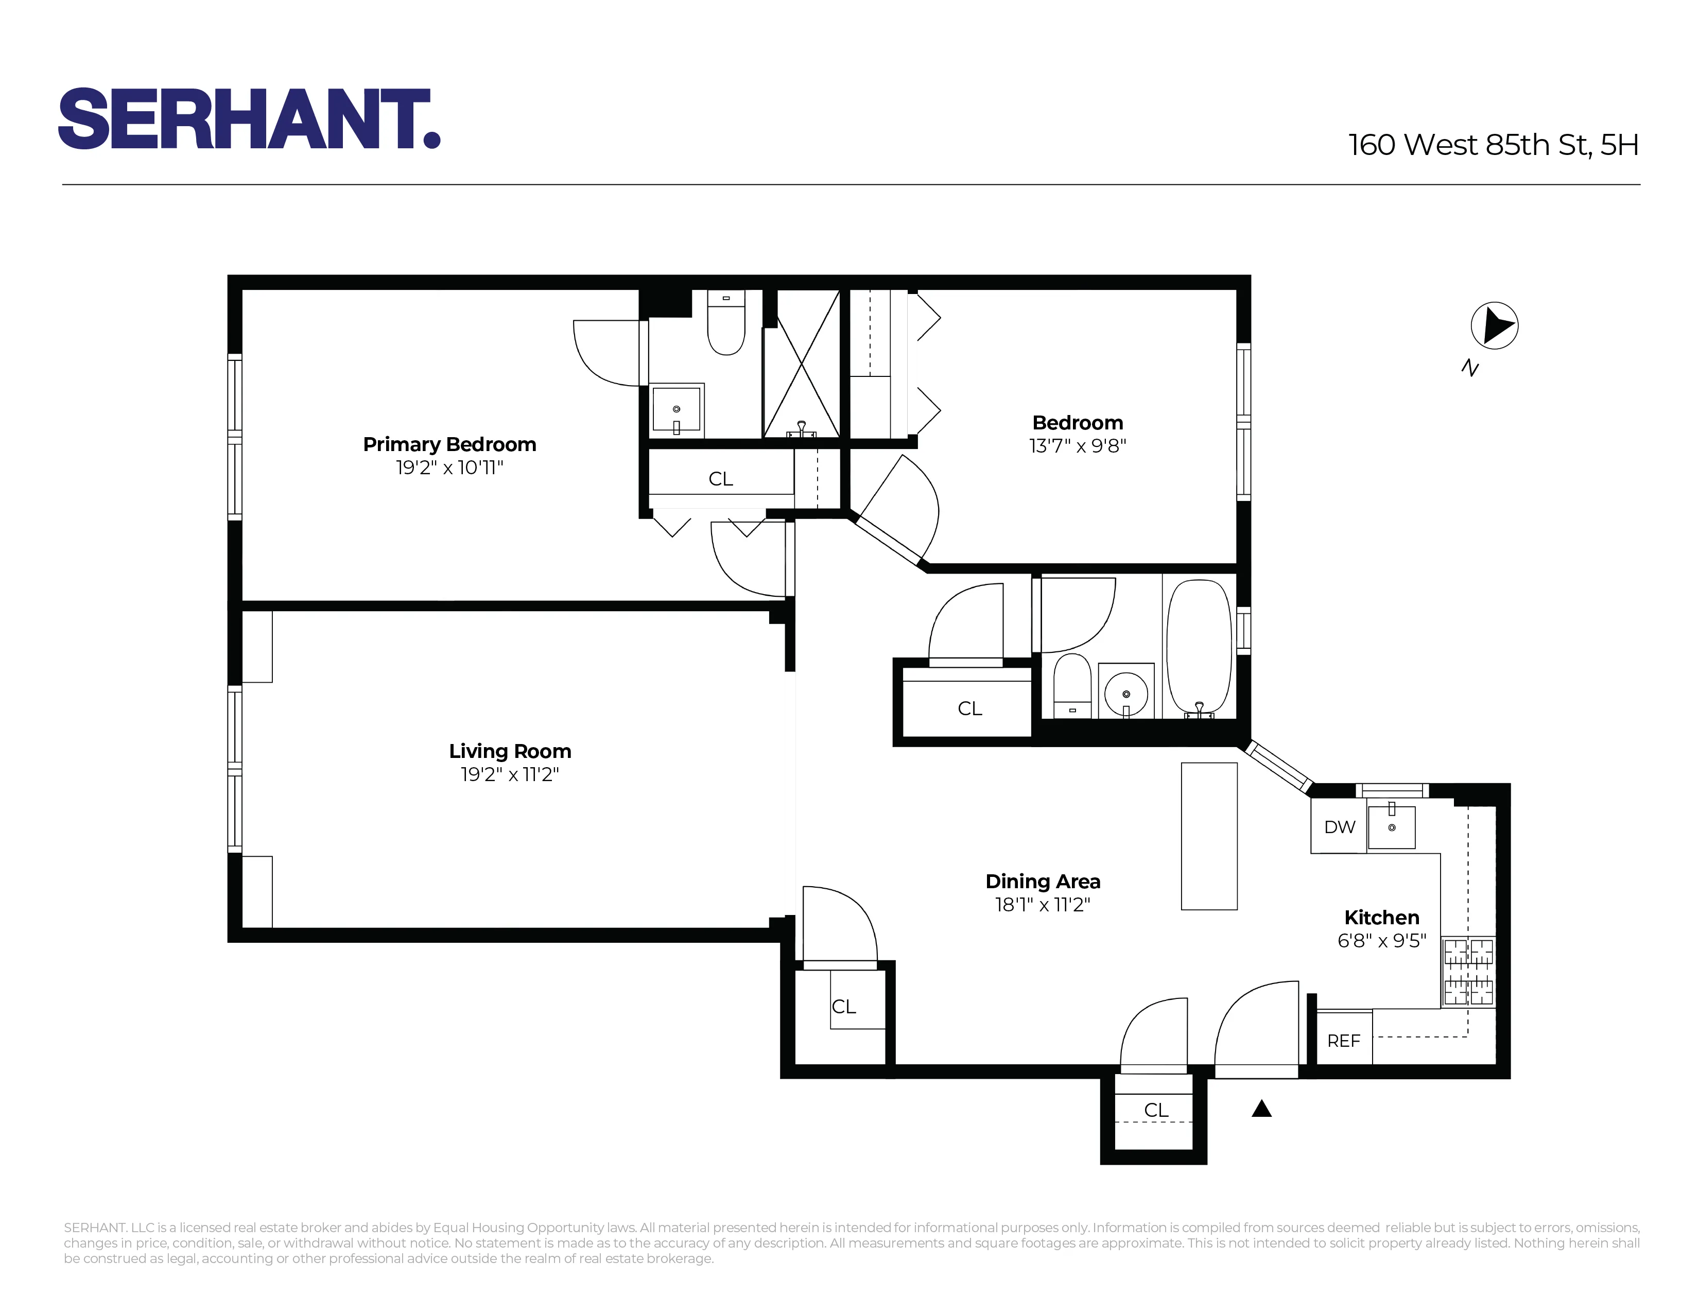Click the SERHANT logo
(249, 118)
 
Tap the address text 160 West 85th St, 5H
(1493, 145)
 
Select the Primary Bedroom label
(449, 444)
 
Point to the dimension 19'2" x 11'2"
(510, 774)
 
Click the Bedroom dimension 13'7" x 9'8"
(1078, 446)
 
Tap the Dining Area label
(1043, 882)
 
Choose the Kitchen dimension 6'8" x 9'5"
(1382, 940)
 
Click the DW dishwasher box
(1339, 827)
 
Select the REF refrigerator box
(1343, 1040)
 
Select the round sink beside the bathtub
(1125, 690)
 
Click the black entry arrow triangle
(1261, 1109)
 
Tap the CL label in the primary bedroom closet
(720, 478)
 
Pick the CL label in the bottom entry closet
(1156, 1110)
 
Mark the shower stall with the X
(801, 364)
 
